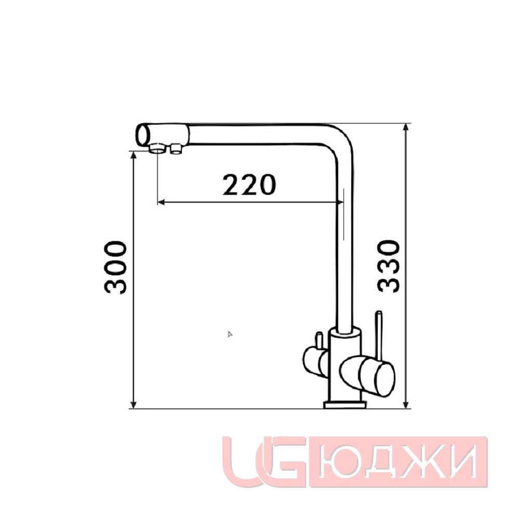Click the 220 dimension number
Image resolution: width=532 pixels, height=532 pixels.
[249, 185]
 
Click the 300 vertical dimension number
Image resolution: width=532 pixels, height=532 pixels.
[115, 267]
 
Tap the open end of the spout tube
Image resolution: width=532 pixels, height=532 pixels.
[143, 135]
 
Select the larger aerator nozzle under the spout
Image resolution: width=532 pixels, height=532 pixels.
[157, 148]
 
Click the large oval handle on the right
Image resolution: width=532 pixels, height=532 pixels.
[367, 376]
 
